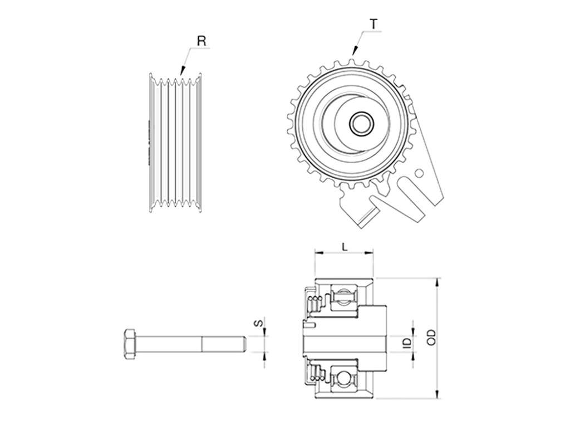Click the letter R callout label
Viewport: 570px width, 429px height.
click(x=202, y=41)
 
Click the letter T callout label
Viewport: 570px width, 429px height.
click(x=374, y=25)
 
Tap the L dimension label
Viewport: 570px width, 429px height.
click(x=345, y=246)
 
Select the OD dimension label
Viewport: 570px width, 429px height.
click(x=431, y=337)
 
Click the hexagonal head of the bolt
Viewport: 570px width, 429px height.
click(x=130, y=344)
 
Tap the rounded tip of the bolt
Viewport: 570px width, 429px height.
click(x=244, y=344)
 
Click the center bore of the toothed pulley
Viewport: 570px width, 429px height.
click(x=360, y=124)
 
